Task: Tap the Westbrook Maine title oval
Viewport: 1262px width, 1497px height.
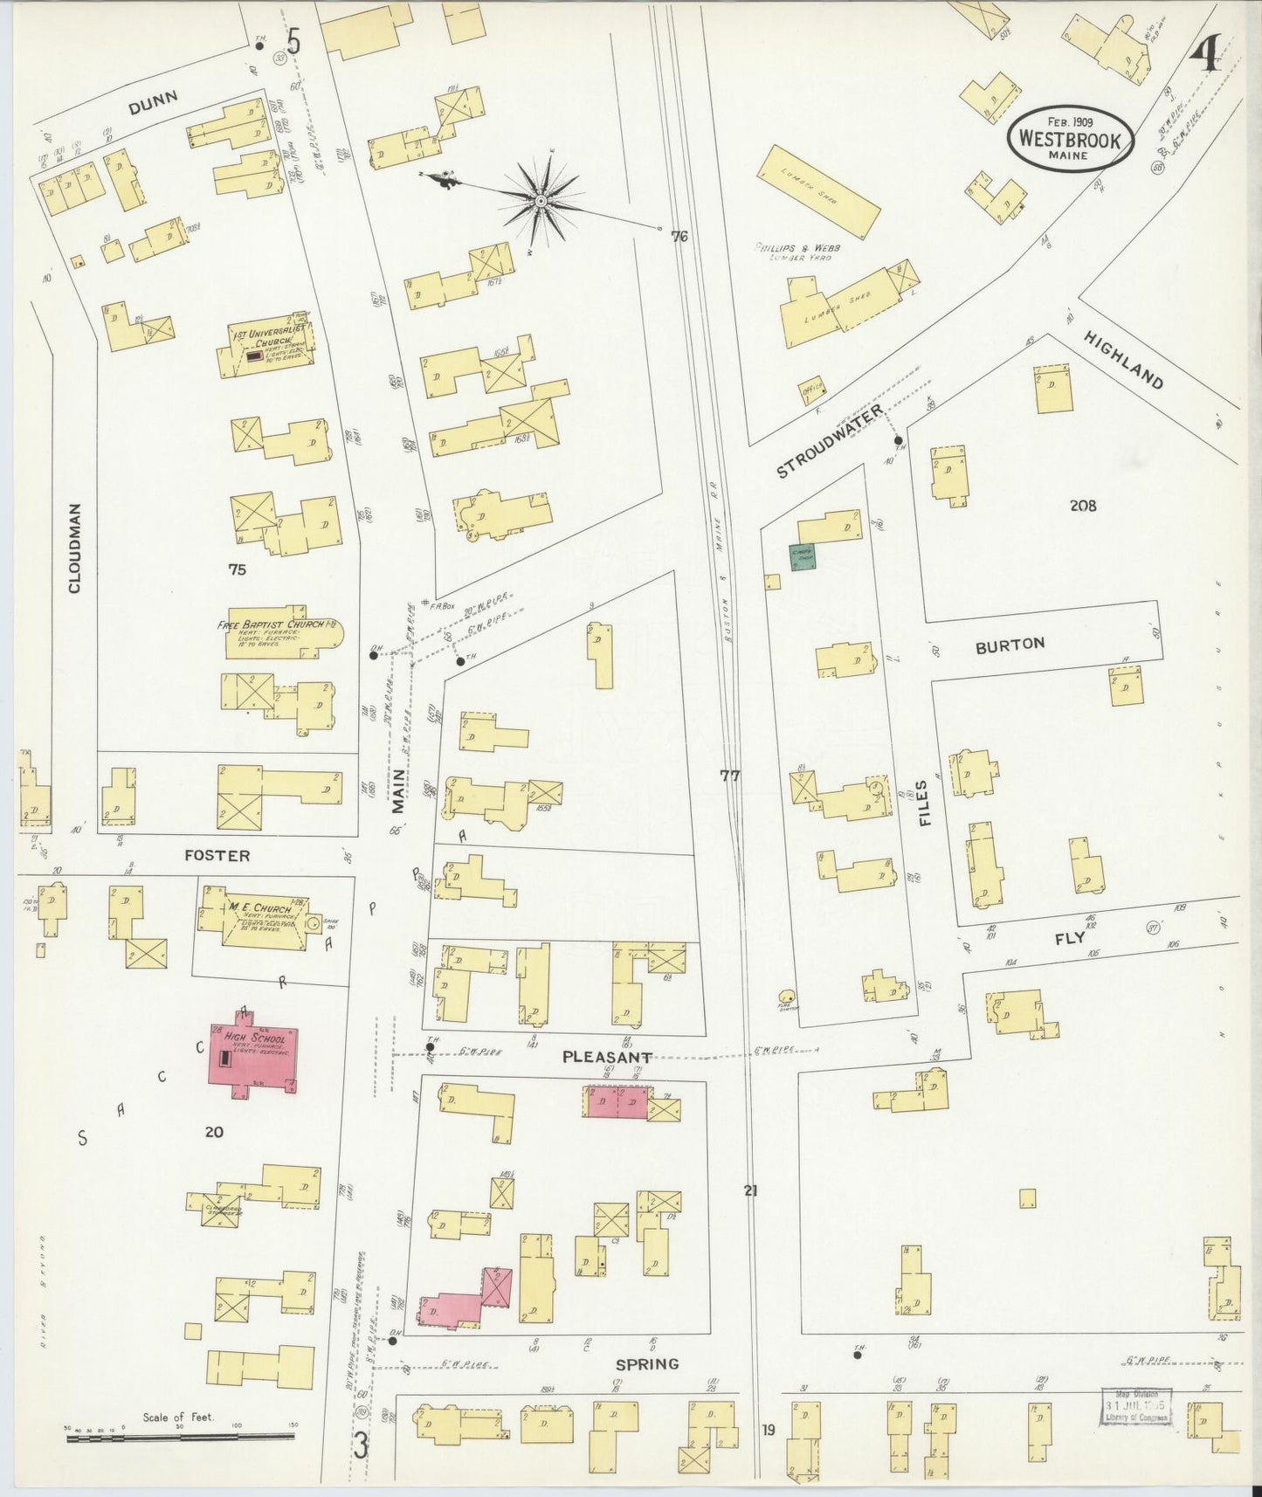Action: click(x=1071, y=139)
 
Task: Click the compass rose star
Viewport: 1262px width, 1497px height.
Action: click(x=541, y=202)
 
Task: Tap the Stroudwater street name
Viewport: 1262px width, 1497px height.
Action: click(x=830, y=441)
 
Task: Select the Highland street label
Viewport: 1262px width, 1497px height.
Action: click(x=1125, y=360)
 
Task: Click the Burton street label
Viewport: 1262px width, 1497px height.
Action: click(x=1010, y=645)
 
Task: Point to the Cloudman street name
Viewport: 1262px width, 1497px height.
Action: click(x=75, y=548)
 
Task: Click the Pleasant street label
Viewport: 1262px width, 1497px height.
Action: click(x=607, y=1056)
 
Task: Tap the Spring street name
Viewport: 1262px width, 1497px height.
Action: click(x=647, y=1363)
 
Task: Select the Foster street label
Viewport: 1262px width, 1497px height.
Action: click(x=218, y=855)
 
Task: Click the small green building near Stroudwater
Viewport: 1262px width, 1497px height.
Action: click(x=803, y=557)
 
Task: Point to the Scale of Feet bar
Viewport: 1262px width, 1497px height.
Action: click(x=181, y=1435)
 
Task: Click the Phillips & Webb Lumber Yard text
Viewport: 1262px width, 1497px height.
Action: click(x=793, y=252)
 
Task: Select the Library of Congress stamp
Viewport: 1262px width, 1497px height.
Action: click(x=1135, y=1406)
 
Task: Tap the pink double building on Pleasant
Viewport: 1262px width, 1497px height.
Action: click(x=617, y=1101)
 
